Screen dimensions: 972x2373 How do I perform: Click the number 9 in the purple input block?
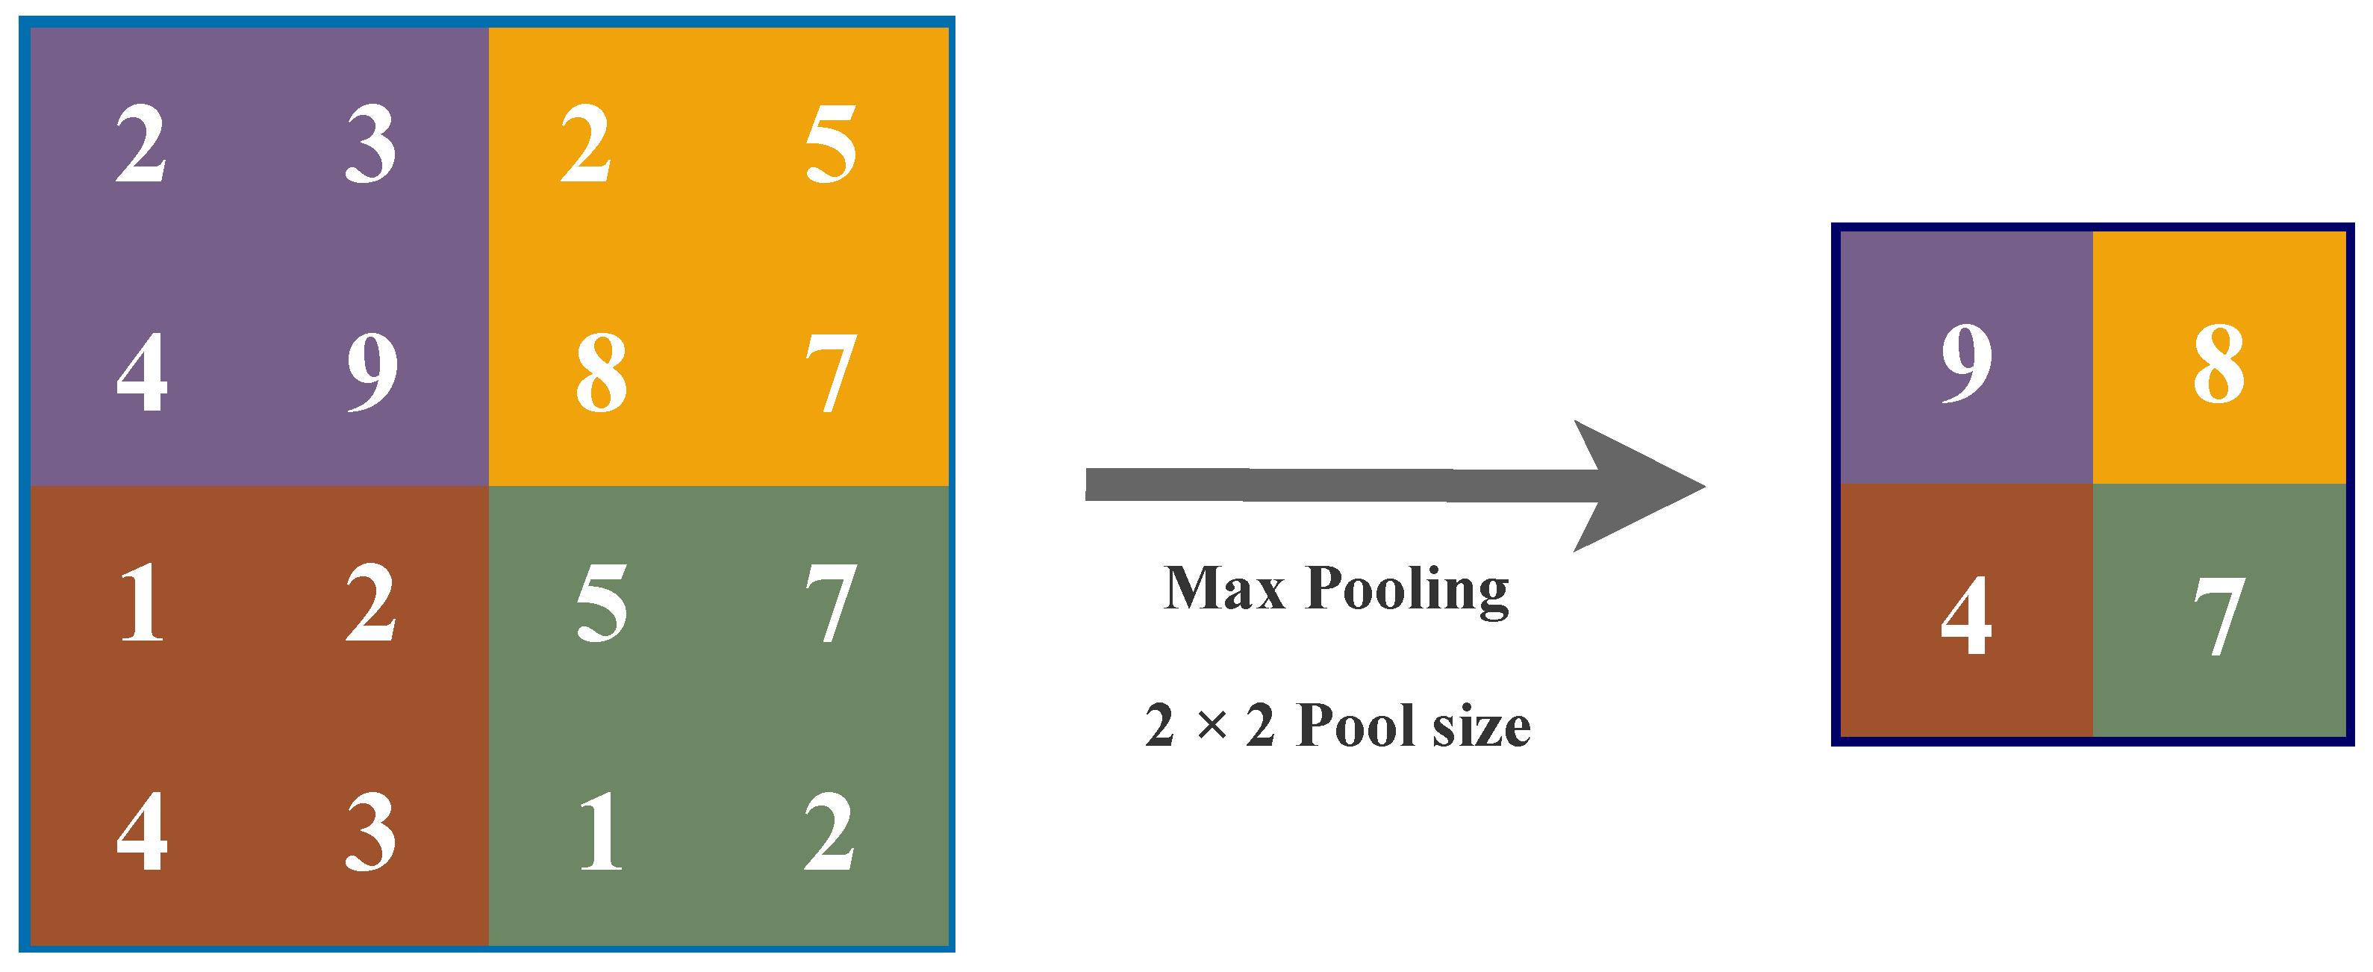372,373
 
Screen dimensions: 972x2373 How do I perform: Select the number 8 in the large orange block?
602,373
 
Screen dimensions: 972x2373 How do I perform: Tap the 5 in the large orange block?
831,144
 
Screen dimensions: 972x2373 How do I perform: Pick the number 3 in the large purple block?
370,144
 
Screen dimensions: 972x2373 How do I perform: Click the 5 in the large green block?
602,603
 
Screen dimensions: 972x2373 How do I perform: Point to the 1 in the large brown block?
142,603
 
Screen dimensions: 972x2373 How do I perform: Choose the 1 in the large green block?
602,832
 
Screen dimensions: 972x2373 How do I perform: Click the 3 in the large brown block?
370,832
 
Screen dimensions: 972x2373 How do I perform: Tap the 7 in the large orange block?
831,373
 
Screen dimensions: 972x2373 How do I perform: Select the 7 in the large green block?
831,603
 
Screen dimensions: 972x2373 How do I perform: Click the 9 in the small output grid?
1967,364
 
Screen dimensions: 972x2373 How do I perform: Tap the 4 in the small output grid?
1967,615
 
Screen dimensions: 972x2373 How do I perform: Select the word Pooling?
1408,590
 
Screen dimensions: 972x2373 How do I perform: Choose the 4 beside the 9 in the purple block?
142,373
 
